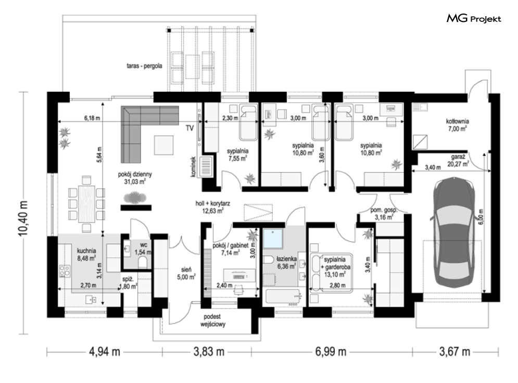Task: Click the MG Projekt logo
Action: [x=474, y=18]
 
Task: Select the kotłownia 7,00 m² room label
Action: [x=457, y=125]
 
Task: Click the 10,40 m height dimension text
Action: [x=23, y=218]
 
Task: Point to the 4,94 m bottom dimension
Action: [x=105, y=352]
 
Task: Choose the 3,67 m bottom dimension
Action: [x=454, y=352]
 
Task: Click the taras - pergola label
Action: [x=144, y=66]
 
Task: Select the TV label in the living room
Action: [x=189, y=128]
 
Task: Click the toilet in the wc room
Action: [x=143, y=263]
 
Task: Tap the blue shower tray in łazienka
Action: [x=273, y=238]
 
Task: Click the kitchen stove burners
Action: [x=65, y=271]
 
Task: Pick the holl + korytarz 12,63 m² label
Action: [x=213, y=207]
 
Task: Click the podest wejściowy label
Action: [x=212, y=320]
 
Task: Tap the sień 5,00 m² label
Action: [x=186, y=274]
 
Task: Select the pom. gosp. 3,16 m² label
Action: [x=384, y=214]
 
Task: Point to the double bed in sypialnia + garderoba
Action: [x=331, y=273]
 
